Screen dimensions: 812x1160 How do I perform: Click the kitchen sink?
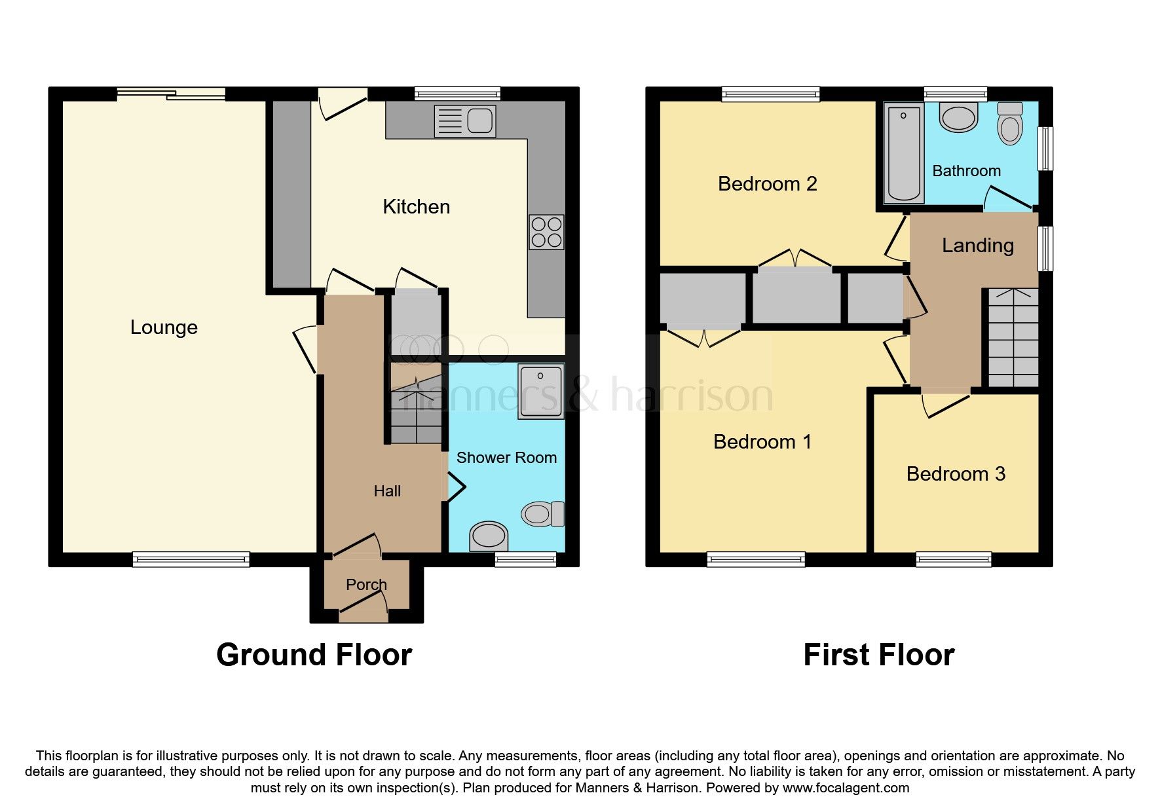[465, 121]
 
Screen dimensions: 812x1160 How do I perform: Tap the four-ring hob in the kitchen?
[546, 232]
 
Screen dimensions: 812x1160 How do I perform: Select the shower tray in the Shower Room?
[540, 391]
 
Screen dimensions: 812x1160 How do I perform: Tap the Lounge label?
[164, 327]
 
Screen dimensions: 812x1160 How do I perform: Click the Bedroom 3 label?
[955, 474]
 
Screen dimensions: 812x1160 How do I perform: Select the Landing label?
[977, 246]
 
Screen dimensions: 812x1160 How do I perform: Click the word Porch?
[366, 584]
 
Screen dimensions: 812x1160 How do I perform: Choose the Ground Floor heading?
[314, 655]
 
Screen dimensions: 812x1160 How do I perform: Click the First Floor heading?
[878, 655]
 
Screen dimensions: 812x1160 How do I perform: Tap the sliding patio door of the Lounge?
[172, 94]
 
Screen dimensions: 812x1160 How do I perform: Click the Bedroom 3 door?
[946, 404]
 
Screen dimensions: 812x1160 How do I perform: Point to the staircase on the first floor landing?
[1013, 338]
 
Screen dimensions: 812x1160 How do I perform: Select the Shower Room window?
[525, 559]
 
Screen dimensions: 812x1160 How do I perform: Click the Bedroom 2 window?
[770, 94]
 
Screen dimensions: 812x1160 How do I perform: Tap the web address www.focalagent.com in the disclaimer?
[846, 788]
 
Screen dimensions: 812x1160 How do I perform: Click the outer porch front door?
[364, 612]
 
